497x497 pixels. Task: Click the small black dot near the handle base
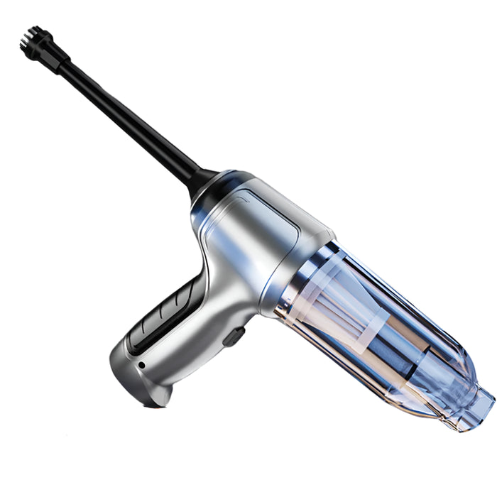tap(141, 365)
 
